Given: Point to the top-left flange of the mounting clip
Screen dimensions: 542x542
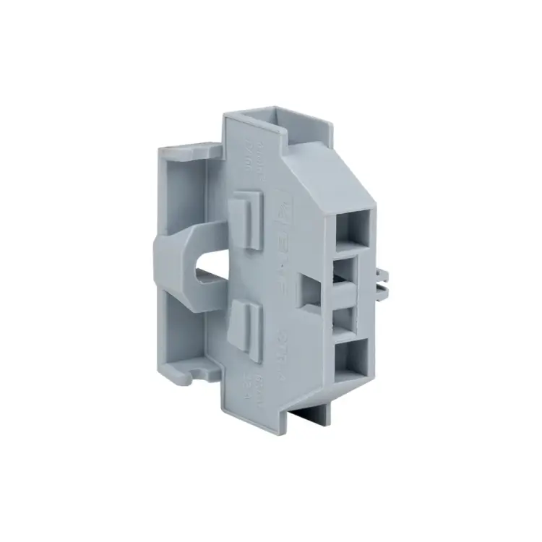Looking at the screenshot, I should click(x=189, y=149).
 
